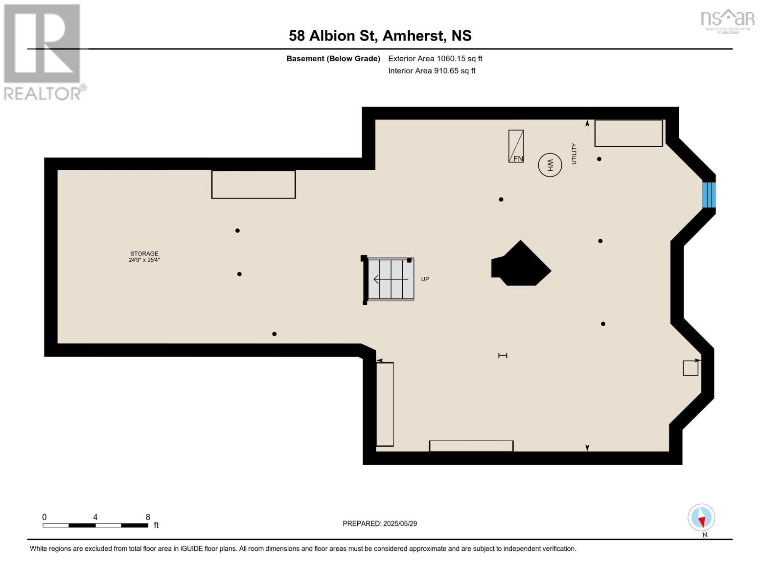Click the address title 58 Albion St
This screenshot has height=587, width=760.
[x=380, y=36]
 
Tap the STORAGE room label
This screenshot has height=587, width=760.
[x=144, y=253]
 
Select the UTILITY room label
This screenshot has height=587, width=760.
[x=574, y=154]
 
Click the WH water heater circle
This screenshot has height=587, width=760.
[x=550, y=165]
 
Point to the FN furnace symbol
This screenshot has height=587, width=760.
[x=516, y=146]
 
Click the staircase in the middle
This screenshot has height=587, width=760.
[x=391, y=279]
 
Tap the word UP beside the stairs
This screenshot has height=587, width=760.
[x=425, y=279]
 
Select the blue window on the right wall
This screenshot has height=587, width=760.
[x=709, y=195]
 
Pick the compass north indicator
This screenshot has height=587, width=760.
[x=701, y=518]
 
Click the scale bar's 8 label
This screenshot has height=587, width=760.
[x=148, y=517]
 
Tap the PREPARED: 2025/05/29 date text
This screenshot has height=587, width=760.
[x=380, y=523]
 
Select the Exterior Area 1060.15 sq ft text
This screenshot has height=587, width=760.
[x=435, y=59]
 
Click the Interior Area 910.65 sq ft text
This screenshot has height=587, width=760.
[x=432, y=71]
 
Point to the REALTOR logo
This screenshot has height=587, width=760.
[x=43, y=51]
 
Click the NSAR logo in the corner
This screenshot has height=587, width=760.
[x=728, y=20]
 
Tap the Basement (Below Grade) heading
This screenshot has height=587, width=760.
[x=333, y=59]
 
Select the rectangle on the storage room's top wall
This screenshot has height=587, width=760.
[x=253, y=184]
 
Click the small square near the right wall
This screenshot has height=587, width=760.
[x=690, y=368]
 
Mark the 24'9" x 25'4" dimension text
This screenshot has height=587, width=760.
[x=144, y=260]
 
